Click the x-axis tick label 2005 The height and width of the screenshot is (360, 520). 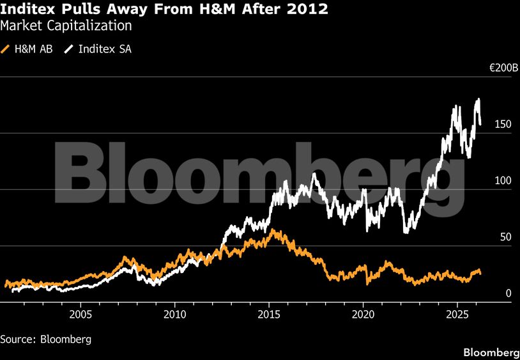tap(80, 315)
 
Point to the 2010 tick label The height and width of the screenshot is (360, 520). tap(174, 315)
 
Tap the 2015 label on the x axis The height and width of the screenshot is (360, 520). tap(269, 315)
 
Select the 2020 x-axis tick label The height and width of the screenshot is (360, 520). tap(363, 315)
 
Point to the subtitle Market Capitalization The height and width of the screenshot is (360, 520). tap(66, 26)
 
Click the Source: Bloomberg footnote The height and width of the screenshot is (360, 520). tap(45, 339)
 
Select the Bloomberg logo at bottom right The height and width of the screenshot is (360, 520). tap(490, 352)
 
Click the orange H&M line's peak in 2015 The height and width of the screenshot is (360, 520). tap(273, 230)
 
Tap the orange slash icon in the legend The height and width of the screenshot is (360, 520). tap(6, 49)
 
